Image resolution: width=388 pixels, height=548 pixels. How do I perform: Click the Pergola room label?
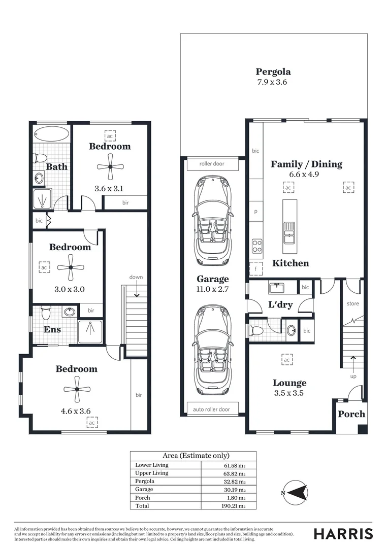tap(273, 72)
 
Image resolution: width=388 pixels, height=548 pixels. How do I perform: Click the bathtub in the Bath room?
tap(51, 135)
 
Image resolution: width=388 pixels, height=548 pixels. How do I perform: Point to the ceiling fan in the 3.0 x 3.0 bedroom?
tap(70, 267)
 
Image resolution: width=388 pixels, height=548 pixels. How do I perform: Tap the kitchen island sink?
tap(289, 233)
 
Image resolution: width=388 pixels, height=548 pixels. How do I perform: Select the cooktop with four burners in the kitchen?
tap(257, 246)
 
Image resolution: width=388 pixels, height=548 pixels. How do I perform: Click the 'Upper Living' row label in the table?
tap(152, 473)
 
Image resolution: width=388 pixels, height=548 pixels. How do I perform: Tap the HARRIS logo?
tap(343, 533)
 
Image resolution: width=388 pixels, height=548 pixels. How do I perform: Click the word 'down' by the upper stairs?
tap(136, 277)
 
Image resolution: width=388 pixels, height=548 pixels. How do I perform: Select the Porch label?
tap(351, 414)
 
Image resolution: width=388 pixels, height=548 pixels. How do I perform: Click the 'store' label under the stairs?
tap(352, 303)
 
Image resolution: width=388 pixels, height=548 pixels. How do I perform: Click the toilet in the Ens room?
tap(45, 311)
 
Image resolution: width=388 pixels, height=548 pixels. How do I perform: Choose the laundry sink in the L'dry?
tap(276, 288)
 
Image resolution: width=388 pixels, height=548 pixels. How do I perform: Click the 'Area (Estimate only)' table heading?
tap(196, 456)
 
